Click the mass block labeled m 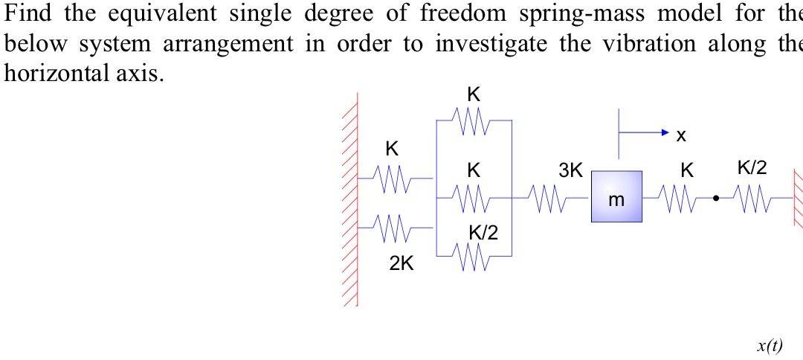(x=616, y=196)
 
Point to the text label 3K (x=570, y=170)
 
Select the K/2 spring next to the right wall (x=752, y=199)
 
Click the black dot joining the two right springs (x=715, y=199)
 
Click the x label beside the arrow (x=681, y=135)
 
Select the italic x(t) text (x=770, y=345)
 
